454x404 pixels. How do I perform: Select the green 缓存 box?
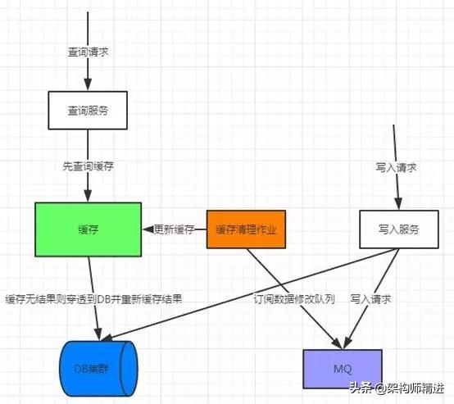(x=89, y=230)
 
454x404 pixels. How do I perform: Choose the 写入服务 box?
(x=398, y=230)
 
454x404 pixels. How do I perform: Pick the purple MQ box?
(x=342, y=369)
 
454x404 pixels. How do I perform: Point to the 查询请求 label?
(x=88, y=52)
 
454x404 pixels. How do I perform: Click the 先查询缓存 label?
(x=89, y=166)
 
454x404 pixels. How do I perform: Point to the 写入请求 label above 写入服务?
(x=397, y=166)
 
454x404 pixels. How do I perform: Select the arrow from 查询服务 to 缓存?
(x=89, y=184)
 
